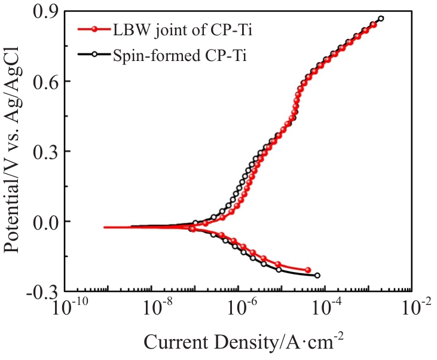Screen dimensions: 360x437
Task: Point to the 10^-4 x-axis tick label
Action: pyautogui.click(x=329, y=309)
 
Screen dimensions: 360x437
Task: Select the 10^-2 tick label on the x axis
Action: pyautogui.click(x=415, y=309)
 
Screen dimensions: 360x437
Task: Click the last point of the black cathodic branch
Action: pyautogui.click(x=317, y=276)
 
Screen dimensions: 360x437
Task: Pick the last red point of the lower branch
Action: pyautogui.click(x=308, y=270)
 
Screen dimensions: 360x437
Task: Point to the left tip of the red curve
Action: pyautogui.click(x=105, y=227)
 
